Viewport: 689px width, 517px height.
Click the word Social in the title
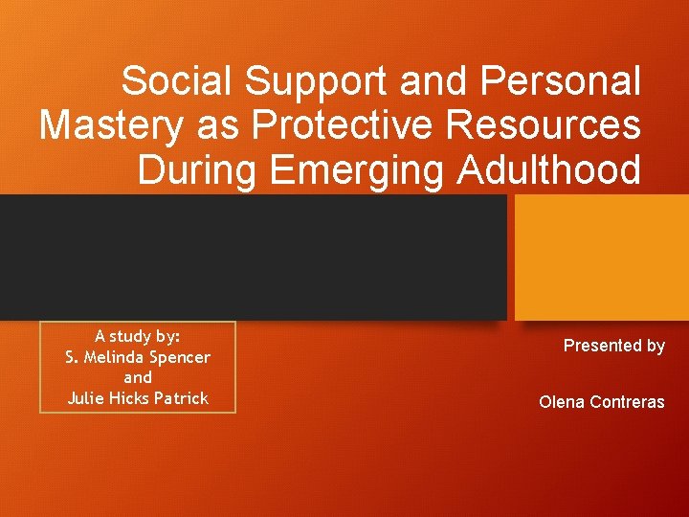point(178,81)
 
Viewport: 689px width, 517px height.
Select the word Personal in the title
point(561,81)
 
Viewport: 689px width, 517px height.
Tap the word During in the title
point(199,169)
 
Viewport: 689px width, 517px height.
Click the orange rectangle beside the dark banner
point(602,257)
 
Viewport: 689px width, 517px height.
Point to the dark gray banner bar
point(253,257)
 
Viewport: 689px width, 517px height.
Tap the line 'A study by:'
point(138,336)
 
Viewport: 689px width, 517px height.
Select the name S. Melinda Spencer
point(138,357)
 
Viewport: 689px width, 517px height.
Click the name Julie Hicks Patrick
point(138,398)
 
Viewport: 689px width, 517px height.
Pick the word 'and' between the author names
point(138,377)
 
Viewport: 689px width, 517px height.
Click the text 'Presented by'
point(613,346)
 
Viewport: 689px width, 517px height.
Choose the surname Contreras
point(625,402)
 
